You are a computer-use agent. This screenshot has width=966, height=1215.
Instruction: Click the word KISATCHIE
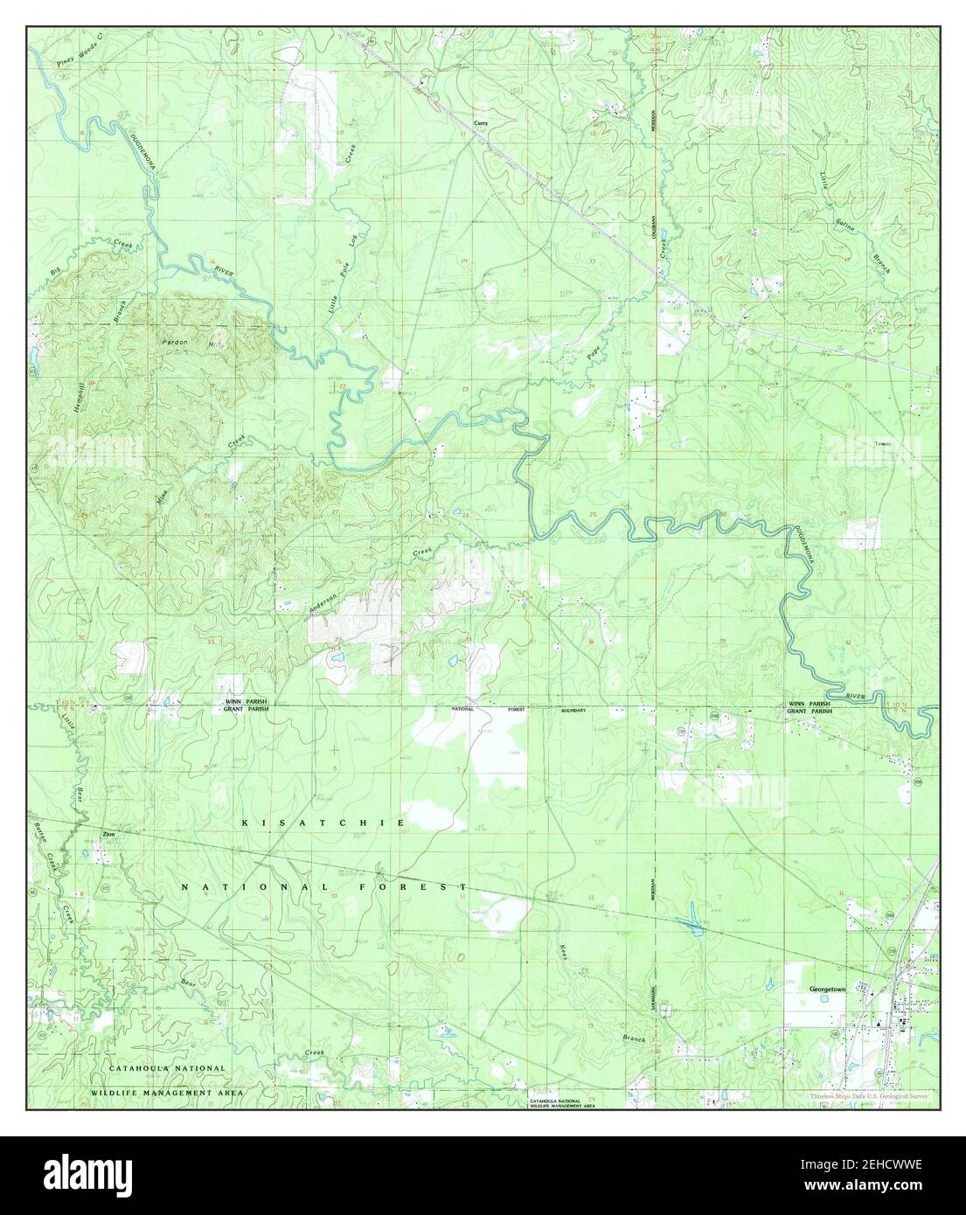pyautogui.click(x=323, y=823)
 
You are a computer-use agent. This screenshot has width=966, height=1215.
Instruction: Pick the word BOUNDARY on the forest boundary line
pyautogui.click(x=573, y=711)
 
